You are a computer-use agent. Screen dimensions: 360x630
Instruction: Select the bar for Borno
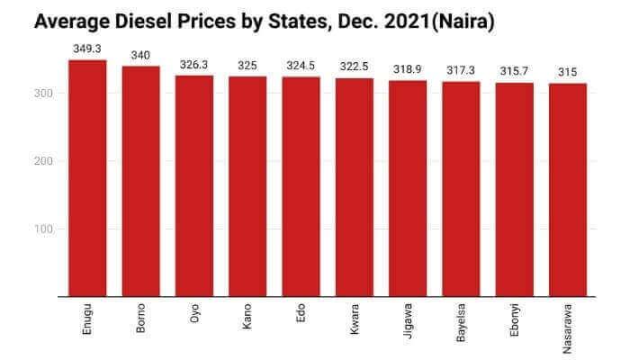pos(140,181)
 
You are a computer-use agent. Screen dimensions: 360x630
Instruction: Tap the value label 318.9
pos(408,69)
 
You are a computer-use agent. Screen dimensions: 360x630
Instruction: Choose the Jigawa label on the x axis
pos(409,320)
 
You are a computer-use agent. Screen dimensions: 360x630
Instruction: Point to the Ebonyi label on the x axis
pos(516,320)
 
